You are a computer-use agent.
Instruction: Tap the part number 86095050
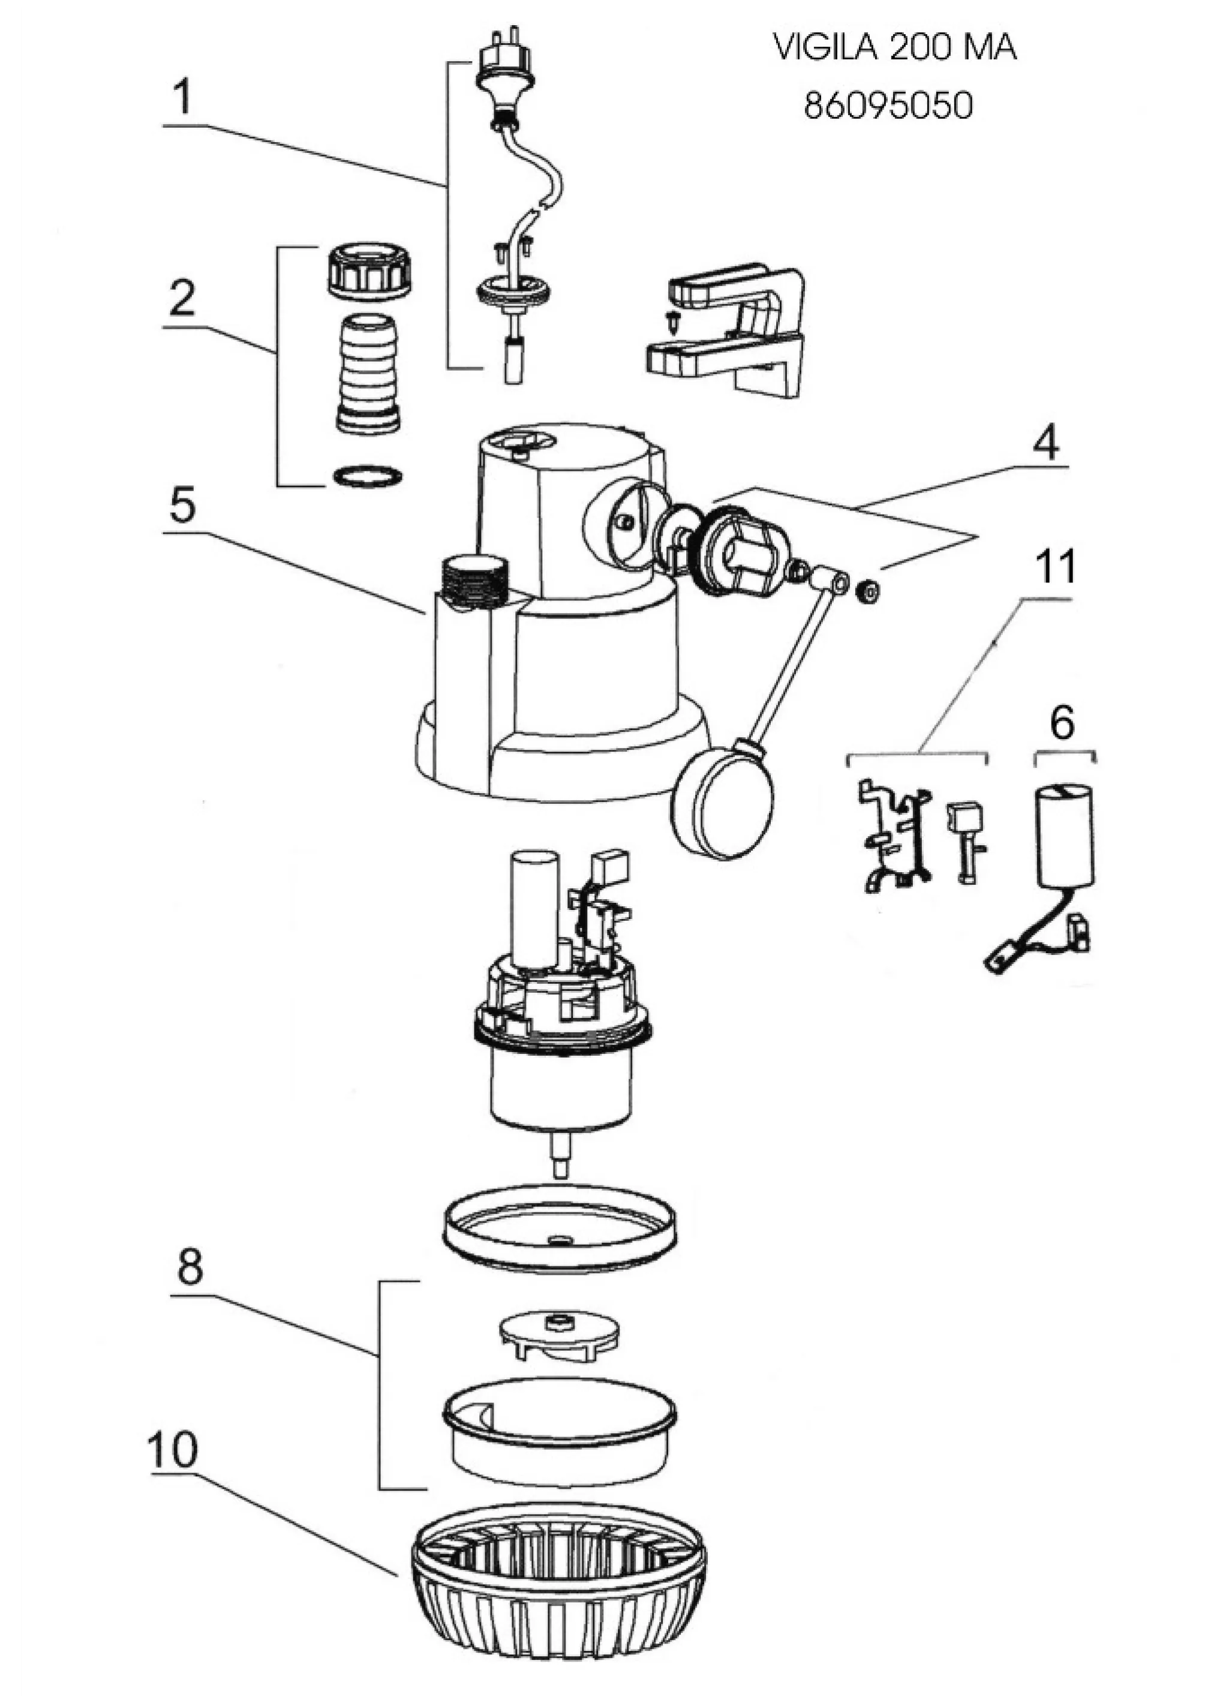pyautogui.click(x=888, y=106)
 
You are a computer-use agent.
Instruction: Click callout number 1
pyautogui.click(x=182, y=98)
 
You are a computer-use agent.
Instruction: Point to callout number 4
pyautogui.click(x=1045, y=446)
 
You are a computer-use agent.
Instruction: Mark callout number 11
pyautogui.click(x=1055, y=568)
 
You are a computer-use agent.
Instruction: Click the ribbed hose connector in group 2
pyautogui.click(x=371, y=373)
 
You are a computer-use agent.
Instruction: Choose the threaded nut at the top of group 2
pyautogui.click(x=371, y=271)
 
